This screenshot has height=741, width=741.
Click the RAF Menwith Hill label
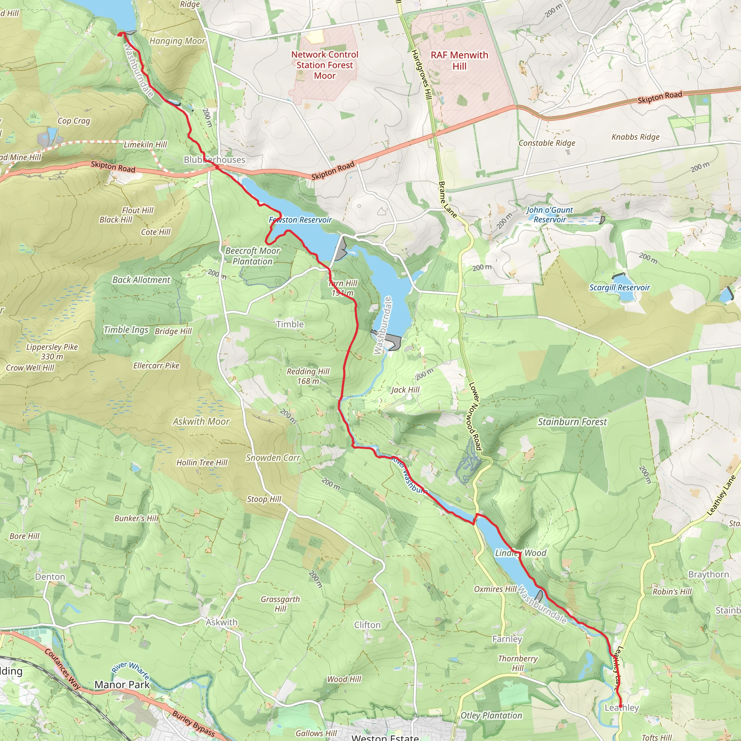pos(459,60)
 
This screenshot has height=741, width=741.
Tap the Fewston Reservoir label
pos(300,220)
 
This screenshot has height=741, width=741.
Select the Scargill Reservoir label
pos(619,288)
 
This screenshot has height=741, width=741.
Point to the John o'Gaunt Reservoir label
pos(549,215)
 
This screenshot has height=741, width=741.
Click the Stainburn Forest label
pos(572,422)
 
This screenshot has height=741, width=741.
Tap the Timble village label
pos(289,325)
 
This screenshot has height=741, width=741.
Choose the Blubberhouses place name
pos(215,160)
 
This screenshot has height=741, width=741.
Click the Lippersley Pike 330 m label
pos(52,352)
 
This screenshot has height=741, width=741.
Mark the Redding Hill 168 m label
pos(308,376)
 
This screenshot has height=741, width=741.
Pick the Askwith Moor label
pos(201,422)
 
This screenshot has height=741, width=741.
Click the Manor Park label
pos(122,685)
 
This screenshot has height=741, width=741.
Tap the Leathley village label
pos(621,708)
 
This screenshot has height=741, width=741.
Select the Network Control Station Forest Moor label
pos(325,65)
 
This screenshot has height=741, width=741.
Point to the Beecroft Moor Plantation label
pos(253,256)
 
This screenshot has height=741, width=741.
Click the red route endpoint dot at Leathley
pos(620,706)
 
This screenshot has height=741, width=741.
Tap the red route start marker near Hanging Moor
pos(120,34)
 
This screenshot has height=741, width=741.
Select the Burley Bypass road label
pos(193,723)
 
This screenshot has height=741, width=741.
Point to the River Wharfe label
pos(130,672)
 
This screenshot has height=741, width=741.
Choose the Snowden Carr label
pos(273,458)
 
